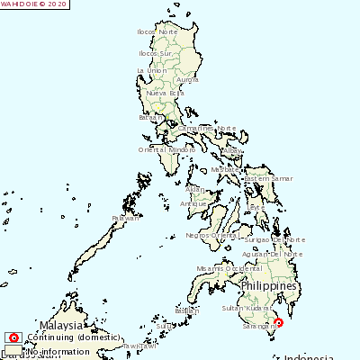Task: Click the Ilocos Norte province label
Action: point(157,32)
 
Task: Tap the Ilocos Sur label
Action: point(155,53)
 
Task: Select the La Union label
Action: point(152,69)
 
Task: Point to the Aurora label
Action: point(187,80)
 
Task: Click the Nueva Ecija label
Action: point(165,93)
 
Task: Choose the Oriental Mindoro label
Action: point(166,149)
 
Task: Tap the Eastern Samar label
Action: point(268,178)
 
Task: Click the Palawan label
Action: point(126,218)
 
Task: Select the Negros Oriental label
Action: point(209,235)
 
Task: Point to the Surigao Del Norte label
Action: point(276,240)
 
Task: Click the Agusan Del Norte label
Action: point(275,254)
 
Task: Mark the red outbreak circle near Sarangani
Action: point(278,323)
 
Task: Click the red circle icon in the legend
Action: point(13,337)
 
